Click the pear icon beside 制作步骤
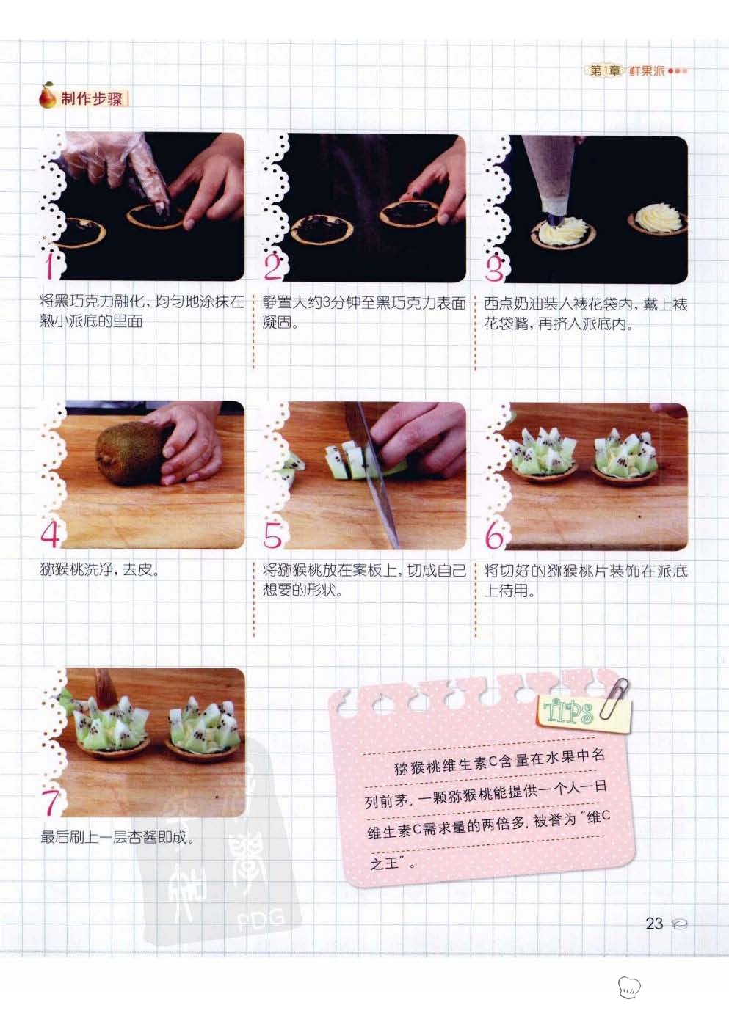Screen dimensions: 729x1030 pos(47,95)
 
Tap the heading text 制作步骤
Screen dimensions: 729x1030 pos(92,99)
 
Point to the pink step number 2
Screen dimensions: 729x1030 pos(273,267)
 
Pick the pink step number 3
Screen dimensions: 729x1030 pos(495,268)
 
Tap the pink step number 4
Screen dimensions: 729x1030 pos(51,534)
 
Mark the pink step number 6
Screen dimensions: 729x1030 pos(495,536)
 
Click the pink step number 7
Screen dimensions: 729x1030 pos(51,803)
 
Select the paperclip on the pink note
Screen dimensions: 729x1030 pos(613,699)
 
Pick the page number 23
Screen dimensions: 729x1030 pos(654,924)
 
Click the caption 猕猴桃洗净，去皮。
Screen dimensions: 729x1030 pos(101,570)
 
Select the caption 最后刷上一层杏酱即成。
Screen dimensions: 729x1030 pos(117,837)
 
